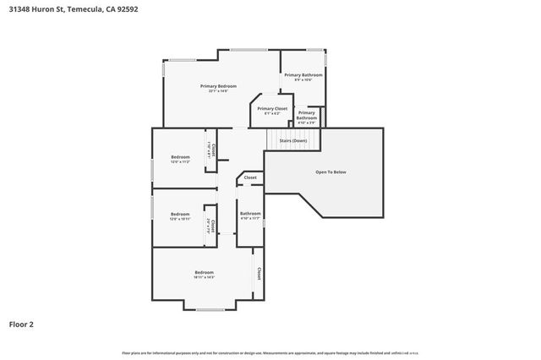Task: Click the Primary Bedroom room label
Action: (217, 86)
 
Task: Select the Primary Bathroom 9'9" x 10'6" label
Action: (303, 76)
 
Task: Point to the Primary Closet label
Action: (271, 109)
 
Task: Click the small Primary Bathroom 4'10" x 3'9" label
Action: (306, 115)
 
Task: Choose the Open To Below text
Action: (331, 172)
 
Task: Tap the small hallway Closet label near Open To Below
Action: (250, 177)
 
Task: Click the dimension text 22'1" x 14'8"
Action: (217, 91)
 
